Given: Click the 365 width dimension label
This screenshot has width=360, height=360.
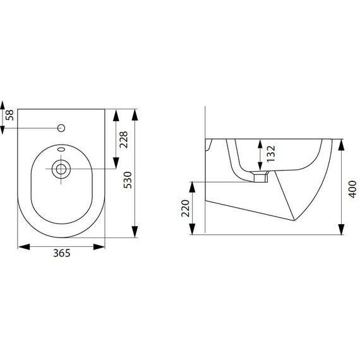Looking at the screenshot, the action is pyautogui.click(x=62, y=253).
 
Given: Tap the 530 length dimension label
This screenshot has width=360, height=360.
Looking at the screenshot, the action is pyautogui.click(x=128, y=180).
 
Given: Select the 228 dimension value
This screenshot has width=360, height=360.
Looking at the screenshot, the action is pyautogui.click(x=124, y=140).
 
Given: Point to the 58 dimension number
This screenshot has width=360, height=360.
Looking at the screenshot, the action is pyautogui.click(x=9, y=115).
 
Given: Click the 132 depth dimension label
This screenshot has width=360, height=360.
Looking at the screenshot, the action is pyautogui.click(x=271, y=153).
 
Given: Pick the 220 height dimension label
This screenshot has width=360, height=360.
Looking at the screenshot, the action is pyautogui.click(x=185, y=208).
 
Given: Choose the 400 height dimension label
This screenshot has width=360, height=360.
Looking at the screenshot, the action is pyautogui.click(x=352, y=189).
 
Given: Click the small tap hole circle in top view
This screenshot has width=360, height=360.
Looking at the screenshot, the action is pyautogui.click(x=61, y=128).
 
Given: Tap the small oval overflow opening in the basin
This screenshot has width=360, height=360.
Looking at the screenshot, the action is pyautogui.click(x=61, y=150).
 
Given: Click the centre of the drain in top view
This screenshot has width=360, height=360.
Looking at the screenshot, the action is pyautogui.click(x=61, y=169).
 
